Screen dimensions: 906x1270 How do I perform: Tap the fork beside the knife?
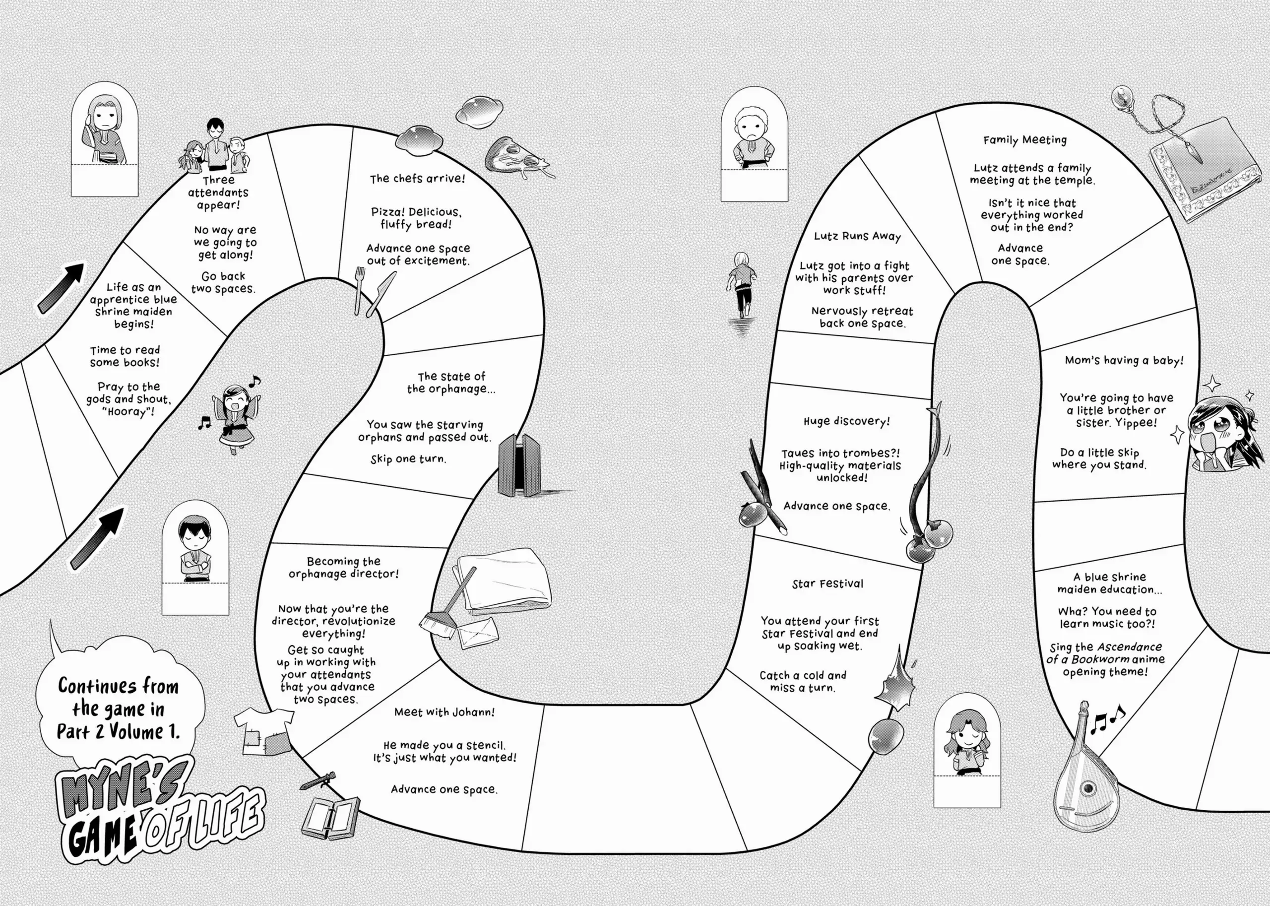tap(359, 289)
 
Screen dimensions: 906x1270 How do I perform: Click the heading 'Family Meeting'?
tap(1024, 140)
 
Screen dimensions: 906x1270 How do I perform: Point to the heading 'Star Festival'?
tap(827, 584)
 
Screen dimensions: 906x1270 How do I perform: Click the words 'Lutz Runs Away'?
tap(857, 236)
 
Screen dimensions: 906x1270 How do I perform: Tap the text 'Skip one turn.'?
tap(408, 459)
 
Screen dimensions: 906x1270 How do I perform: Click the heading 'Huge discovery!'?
tap(846, 421)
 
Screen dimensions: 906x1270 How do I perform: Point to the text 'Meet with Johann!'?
tap(444, 712)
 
